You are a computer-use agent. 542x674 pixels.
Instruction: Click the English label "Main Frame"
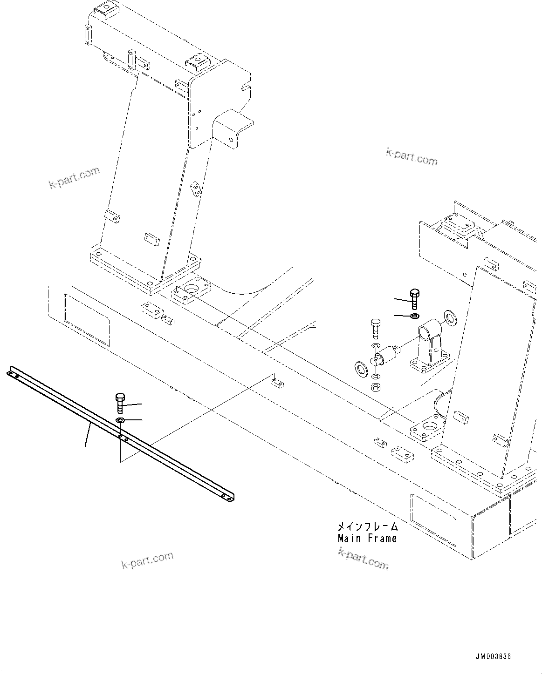pyautogui.click(x=367, y=539)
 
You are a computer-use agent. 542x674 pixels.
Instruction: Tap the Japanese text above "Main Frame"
pyautogui.click(x=367, y=527)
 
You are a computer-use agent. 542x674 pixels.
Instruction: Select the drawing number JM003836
pyautogui.click(x=493, y=657)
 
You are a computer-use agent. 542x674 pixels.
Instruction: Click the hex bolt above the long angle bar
pyautogui.click(x=119, y=403)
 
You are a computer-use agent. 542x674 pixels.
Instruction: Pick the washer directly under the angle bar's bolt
pyautogui.click(x=120, y=421)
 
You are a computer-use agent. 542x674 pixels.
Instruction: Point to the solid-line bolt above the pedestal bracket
pyautogui.click(x=414, y=298)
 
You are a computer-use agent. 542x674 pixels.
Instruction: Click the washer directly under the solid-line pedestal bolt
pyautogui.click(x=414, y=317)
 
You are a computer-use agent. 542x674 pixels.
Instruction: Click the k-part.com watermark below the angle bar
pyautogui.click(x=147, y=560)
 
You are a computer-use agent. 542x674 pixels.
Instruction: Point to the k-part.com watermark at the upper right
pyautogui.click(x=412, y=157)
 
